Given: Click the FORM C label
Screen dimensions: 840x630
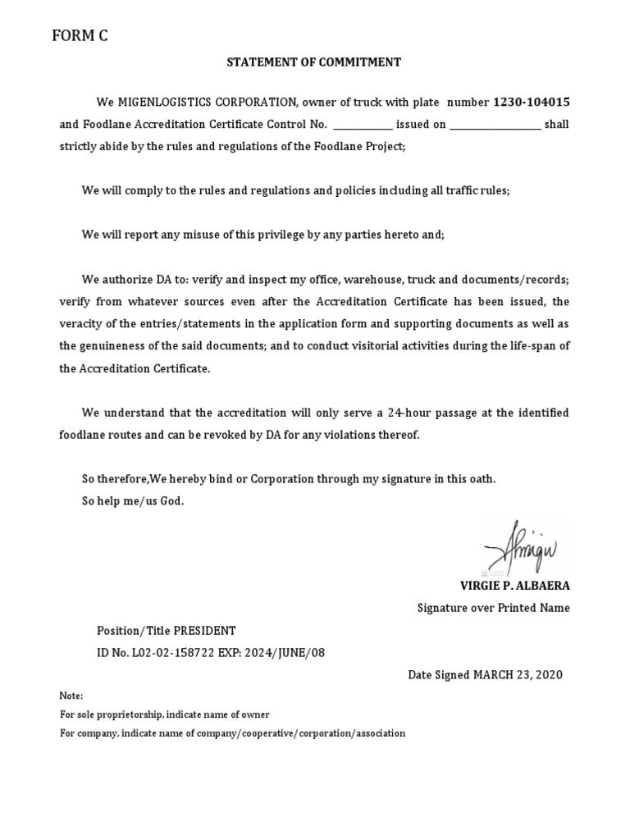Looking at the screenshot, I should click(80, 35).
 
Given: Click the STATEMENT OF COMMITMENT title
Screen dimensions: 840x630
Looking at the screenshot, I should click(315, 62).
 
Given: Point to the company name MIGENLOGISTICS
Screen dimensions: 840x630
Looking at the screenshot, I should click(165, 103).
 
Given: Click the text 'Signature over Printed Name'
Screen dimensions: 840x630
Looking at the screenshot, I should click(493, 608).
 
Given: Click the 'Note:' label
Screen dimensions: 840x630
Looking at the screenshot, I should click(72, 696).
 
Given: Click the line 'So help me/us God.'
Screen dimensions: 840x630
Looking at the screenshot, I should click(133, 501).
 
